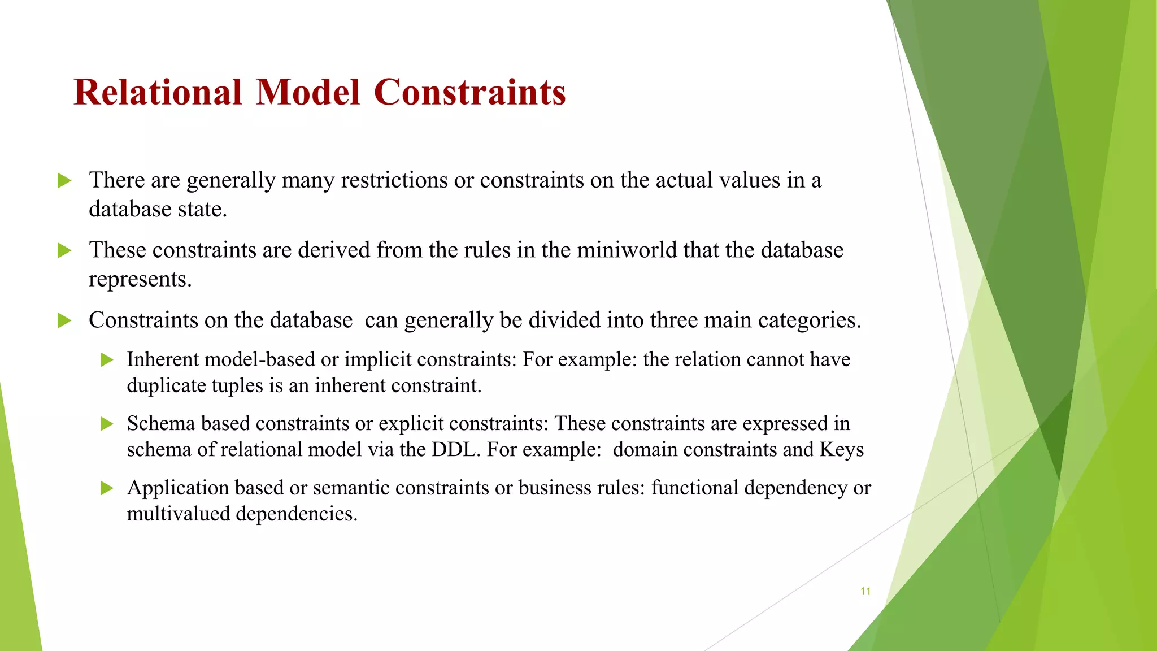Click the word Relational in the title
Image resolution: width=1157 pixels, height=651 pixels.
158,92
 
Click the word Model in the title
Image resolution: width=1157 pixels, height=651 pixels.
308,92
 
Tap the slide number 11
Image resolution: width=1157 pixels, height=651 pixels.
865,592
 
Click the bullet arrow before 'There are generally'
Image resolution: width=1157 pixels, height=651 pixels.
64,181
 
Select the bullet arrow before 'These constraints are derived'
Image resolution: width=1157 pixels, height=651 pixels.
64,250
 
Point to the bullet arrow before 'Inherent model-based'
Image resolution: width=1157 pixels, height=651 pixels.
107,360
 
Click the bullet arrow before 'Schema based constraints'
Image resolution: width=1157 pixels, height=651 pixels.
107,424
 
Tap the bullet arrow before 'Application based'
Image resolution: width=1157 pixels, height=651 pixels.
107,488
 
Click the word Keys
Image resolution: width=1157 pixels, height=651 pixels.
841,450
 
